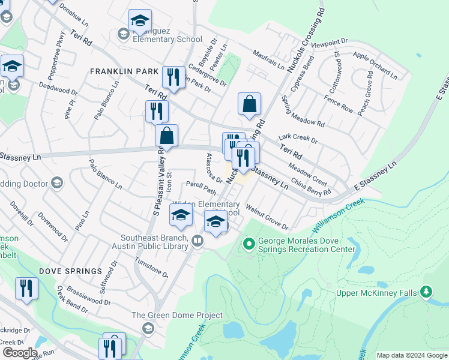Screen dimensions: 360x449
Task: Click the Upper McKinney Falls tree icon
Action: [x=426, y=292]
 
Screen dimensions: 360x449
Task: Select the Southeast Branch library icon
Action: [x=197, y=241]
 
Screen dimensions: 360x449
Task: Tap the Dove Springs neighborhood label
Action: [x=71, y=271]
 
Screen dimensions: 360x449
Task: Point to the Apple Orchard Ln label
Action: [x=375, y=65]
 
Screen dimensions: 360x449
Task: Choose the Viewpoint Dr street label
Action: [x=330, y=43]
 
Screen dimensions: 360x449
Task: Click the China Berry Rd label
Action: [x=311, y=184]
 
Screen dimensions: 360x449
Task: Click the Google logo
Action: [x=19, y=353]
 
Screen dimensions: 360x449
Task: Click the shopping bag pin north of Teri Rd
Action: [x=249, y=103]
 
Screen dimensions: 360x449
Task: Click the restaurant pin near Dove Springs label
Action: [x=26, y=288]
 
